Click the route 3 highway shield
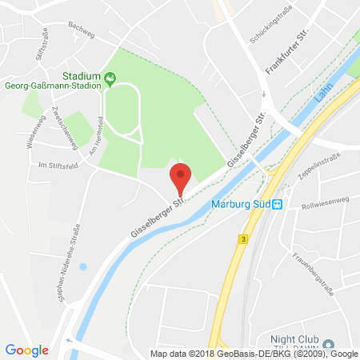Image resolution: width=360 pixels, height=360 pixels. point(241,239)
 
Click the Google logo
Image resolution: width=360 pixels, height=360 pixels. point(27,350)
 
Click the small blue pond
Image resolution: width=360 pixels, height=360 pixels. point(84,266)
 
